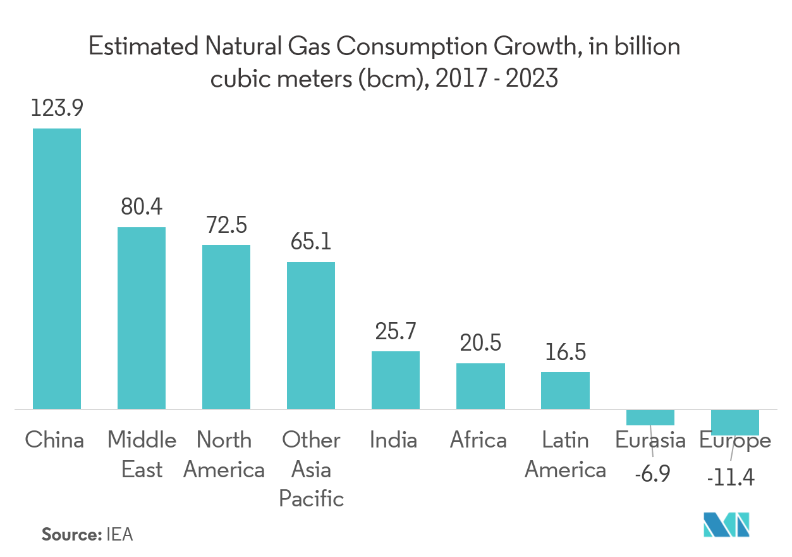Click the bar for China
coord(57,268)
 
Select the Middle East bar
coord(142,318)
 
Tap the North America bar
coord(226,327)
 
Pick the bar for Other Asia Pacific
coord(311,335)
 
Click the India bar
coord(396,380)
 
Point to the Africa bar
coord(480,386)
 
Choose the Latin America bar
coord(565,391)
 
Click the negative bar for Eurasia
coord(650,418)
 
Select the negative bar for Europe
coord(734,423)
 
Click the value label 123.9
coord(57,109)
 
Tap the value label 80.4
coord(142,208)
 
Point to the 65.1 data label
coord(311,242)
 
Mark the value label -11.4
coord(731,478)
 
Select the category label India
coord(393,440)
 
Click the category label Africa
coord(478,440)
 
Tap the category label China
coord(54,440)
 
